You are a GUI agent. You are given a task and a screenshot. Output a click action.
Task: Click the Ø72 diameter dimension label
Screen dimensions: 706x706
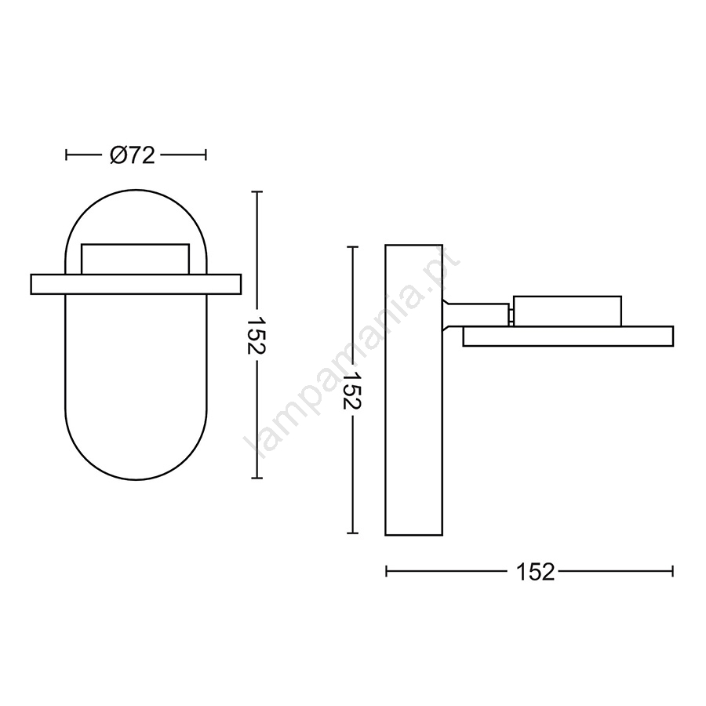pos(133,155)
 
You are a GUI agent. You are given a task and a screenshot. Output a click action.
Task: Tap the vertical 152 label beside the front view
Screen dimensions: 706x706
pos(257,336)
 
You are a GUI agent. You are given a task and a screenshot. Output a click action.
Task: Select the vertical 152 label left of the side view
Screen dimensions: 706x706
pos(352,390)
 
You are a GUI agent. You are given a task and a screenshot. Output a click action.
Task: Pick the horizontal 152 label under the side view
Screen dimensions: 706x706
pos(535,572)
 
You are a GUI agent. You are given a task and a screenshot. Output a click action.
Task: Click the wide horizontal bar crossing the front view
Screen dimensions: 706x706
pos(136,284)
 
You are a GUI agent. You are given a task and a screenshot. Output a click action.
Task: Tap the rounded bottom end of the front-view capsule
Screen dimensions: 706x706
pos(136,479)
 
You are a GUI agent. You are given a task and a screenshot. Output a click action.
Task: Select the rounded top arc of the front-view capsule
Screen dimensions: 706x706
pos(136,190)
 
